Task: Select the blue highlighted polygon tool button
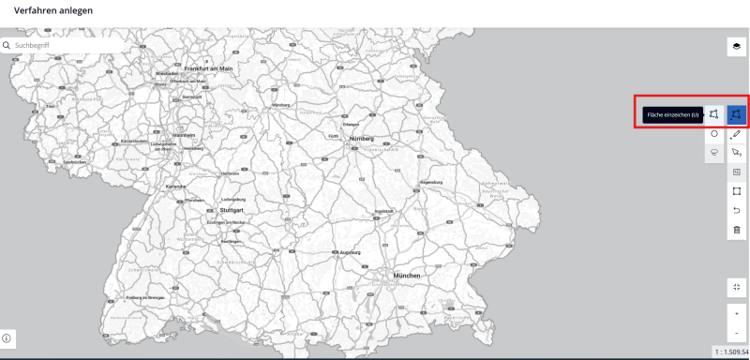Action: click(x=737, y=114)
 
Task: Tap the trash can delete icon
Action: click(x=737, y=230)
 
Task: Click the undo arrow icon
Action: click(x=737, y=210)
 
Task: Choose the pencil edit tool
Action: click(x=737, y=134)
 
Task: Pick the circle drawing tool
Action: click(x=714, y=134)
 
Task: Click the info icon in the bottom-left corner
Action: click(x=7, y=337)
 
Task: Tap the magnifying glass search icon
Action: click(x=7, y=44)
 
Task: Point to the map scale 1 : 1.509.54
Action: click(x=731, y=351)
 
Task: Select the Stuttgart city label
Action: click(x=232, y=210)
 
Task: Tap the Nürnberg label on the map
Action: click(x=361, y=138)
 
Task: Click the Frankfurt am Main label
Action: click(x=208, y=68)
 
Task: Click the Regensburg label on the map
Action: click(x=430, y=180)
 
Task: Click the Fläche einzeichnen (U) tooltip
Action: click(x=671, y=114)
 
